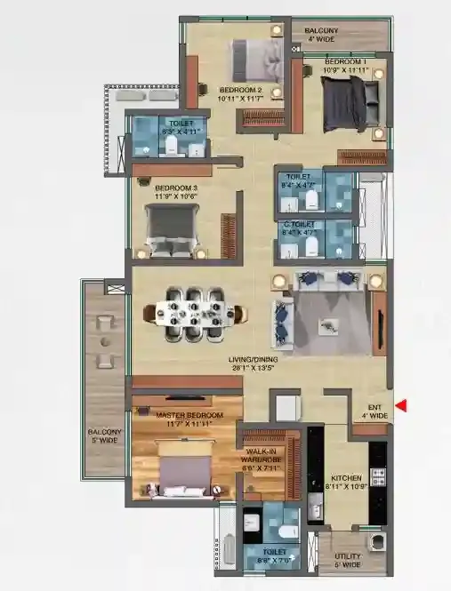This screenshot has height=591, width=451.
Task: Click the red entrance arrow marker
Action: pos(402,406)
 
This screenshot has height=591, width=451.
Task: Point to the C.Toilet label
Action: pos(298,228)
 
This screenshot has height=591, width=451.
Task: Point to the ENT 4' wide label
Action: pos(374,411)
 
